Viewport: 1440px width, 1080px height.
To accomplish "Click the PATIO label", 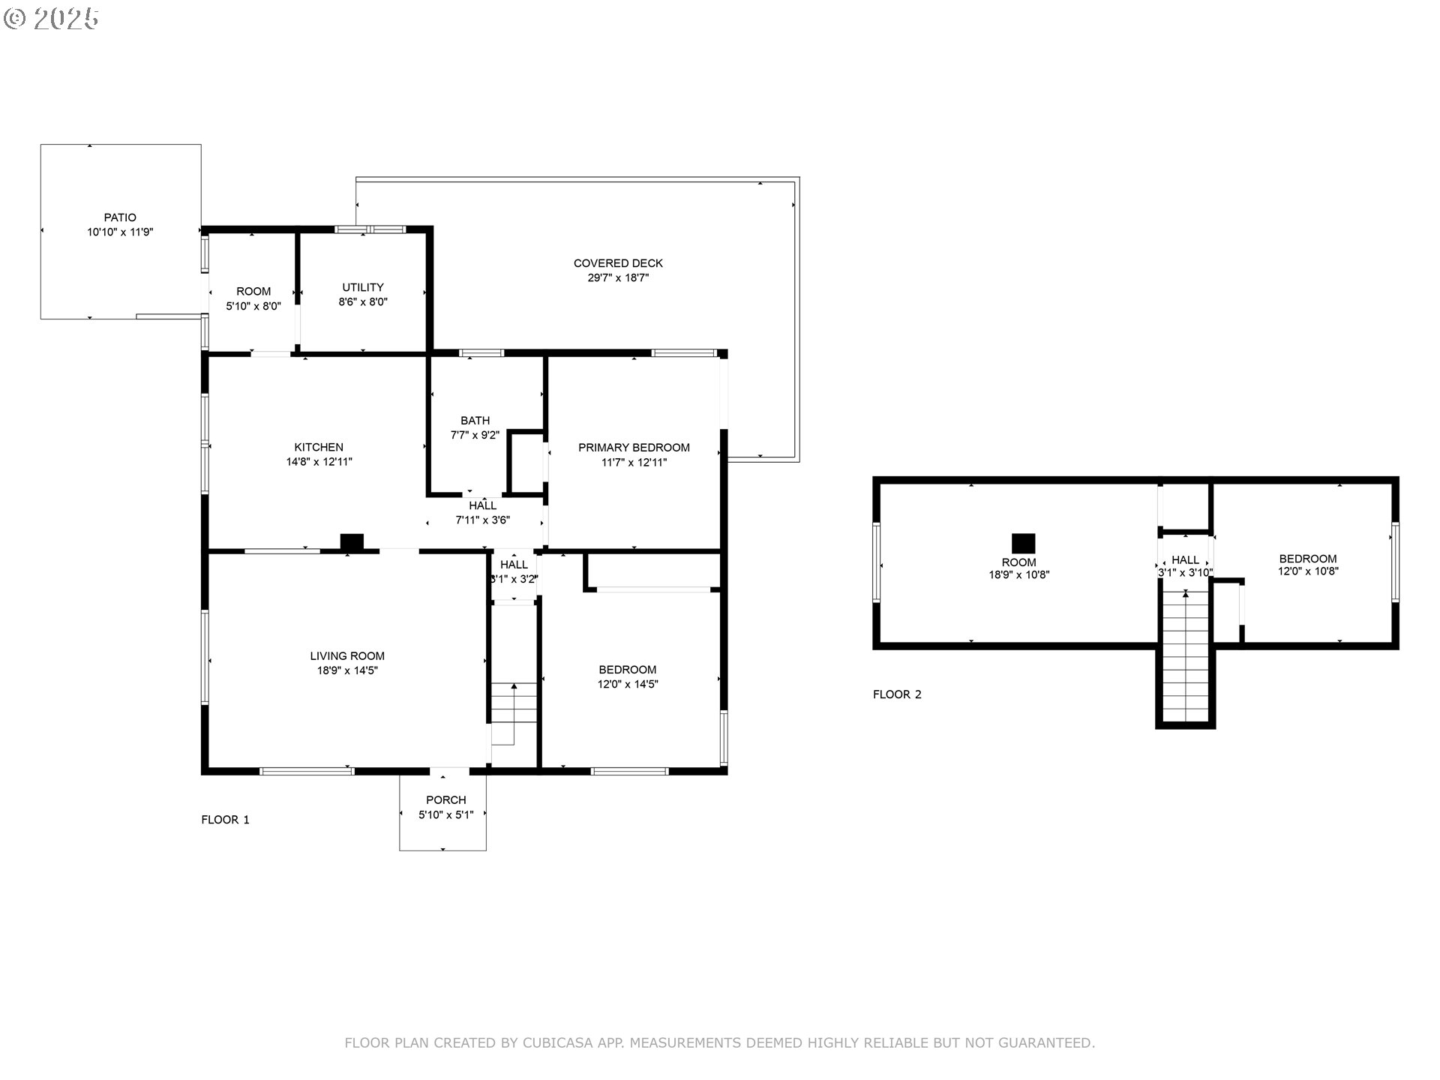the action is tap(120, 218).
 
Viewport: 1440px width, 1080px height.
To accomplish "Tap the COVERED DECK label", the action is tap(618, 263).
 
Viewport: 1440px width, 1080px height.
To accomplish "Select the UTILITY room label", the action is tap(363, 287).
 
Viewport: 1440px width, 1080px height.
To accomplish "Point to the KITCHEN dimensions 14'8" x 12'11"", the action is tap(319, 462).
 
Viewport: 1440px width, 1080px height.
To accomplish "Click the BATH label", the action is tap(475, 421).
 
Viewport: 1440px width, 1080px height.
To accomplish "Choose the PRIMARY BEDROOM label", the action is tap(634, 448).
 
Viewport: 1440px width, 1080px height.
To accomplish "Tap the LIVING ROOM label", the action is tap(347, 656).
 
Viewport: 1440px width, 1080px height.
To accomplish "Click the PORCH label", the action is tap(446, 800).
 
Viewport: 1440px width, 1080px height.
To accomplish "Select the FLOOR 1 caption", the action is tap(225, 820).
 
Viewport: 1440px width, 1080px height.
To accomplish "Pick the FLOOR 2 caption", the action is tap(897, 694).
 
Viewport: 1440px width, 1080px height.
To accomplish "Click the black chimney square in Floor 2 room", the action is tap(1024, 543).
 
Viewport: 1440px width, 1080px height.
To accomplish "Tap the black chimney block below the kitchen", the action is tap(352, 541).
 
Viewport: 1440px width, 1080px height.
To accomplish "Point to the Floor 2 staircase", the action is tap(1185, 657).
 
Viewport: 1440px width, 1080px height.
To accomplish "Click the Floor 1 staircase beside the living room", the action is tap(514, 713).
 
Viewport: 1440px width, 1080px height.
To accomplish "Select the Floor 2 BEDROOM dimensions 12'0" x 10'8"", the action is tap(1308, 571).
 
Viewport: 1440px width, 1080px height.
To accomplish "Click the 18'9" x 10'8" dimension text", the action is tap(1018, 575).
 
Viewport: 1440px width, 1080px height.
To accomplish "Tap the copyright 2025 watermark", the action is tap(52, 19).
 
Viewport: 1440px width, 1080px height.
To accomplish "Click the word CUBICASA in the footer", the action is tap(558, 1043).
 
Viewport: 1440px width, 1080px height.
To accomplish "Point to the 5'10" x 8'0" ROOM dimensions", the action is tap(253, 306).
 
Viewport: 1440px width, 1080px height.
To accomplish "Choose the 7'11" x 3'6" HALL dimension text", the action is tap(483, 520).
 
